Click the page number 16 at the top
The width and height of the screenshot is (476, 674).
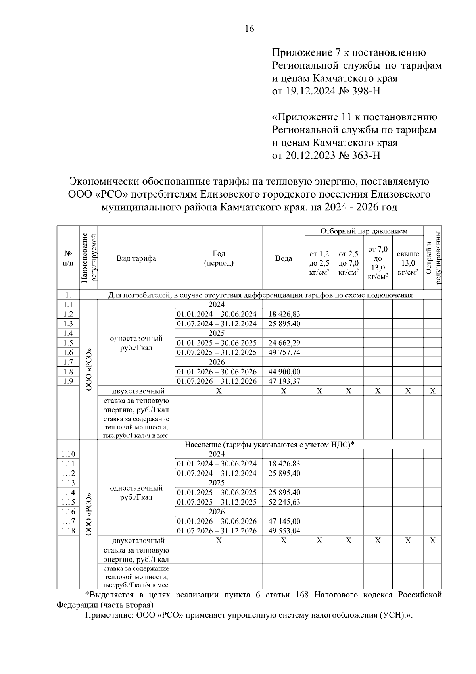pos(250,29)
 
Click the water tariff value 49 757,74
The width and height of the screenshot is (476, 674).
pos(284,352)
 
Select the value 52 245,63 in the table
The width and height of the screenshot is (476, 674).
pos(284,502)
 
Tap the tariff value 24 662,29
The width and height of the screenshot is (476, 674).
pos(284,343)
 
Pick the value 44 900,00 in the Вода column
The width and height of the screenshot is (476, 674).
pos(284,372)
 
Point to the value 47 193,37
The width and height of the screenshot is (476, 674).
pos(284,381)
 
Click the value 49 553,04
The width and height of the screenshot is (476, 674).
pos(284,531)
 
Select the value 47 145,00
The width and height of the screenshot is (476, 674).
pos(284,521)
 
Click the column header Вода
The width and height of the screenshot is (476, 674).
pos(284,258)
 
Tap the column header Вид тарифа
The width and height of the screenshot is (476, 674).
pos(136,258)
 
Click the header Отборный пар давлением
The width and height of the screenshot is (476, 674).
pos(364,231)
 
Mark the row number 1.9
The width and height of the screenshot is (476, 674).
pos(68,381)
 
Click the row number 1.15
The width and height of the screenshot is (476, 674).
pos(68,502)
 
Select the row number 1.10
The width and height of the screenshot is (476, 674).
pos(68,454)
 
